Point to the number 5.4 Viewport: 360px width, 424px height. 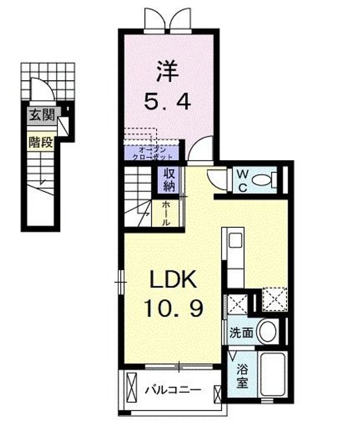[x=167, y=102]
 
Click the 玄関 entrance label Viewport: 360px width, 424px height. [x=41, y=114]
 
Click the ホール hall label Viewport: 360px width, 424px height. [x=167, y=214]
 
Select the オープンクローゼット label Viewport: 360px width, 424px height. [x=151, y=154]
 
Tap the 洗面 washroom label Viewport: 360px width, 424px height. [x=242, y=333]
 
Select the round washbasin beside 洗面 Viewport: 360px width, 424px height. [x=268, y=332]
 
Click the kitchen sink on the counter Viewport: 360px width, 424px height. [x=235, y=241]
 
